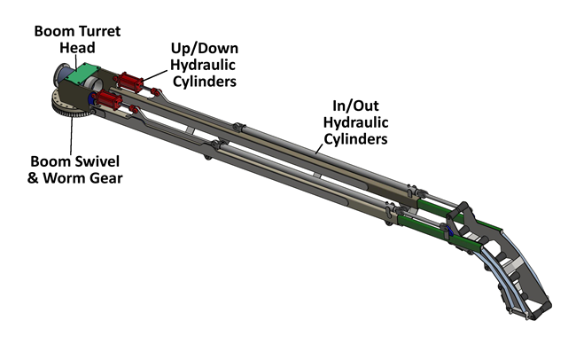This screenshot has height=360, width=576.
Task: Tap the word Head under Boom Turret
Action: [78, 49]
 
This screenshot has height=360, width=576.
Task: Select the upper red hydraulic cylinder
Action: [129, 85]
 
